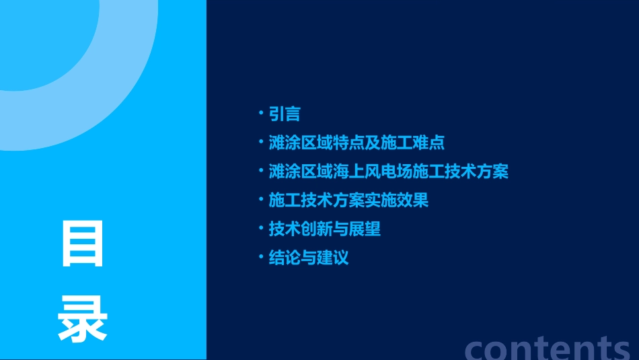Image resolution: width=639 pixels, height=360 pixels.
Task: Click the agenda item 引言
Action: (x=285, y=114)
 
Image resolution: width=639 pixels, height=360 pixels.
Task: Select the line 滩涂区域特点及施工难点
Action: (x=356, y=143)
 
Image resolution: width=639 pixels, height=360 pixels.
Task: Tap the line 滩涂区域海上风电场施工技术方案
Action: (x=388, y=172)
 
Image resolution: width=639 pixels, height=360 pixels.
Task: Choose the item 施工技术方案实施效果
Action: (x=348, y=201)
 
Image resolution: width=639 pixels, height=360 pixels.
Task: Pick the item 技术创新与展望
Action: (x=324, y=229)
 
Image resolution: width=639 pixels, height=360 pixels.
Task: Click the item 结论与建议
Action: (x=309, y=258)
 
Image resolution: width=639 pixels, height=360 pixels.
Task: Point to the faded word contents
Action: (x=548, y=347)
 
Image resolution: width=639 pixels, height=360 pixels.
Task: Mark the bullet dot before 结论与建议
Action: (x=261, y=257)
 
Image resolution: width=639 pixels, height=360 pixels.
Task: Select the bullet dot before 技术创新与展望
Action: (x=261, y=228)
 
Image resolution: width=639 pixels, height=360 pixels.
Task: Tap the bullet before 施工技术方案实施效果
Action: (x=261, y=199)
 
